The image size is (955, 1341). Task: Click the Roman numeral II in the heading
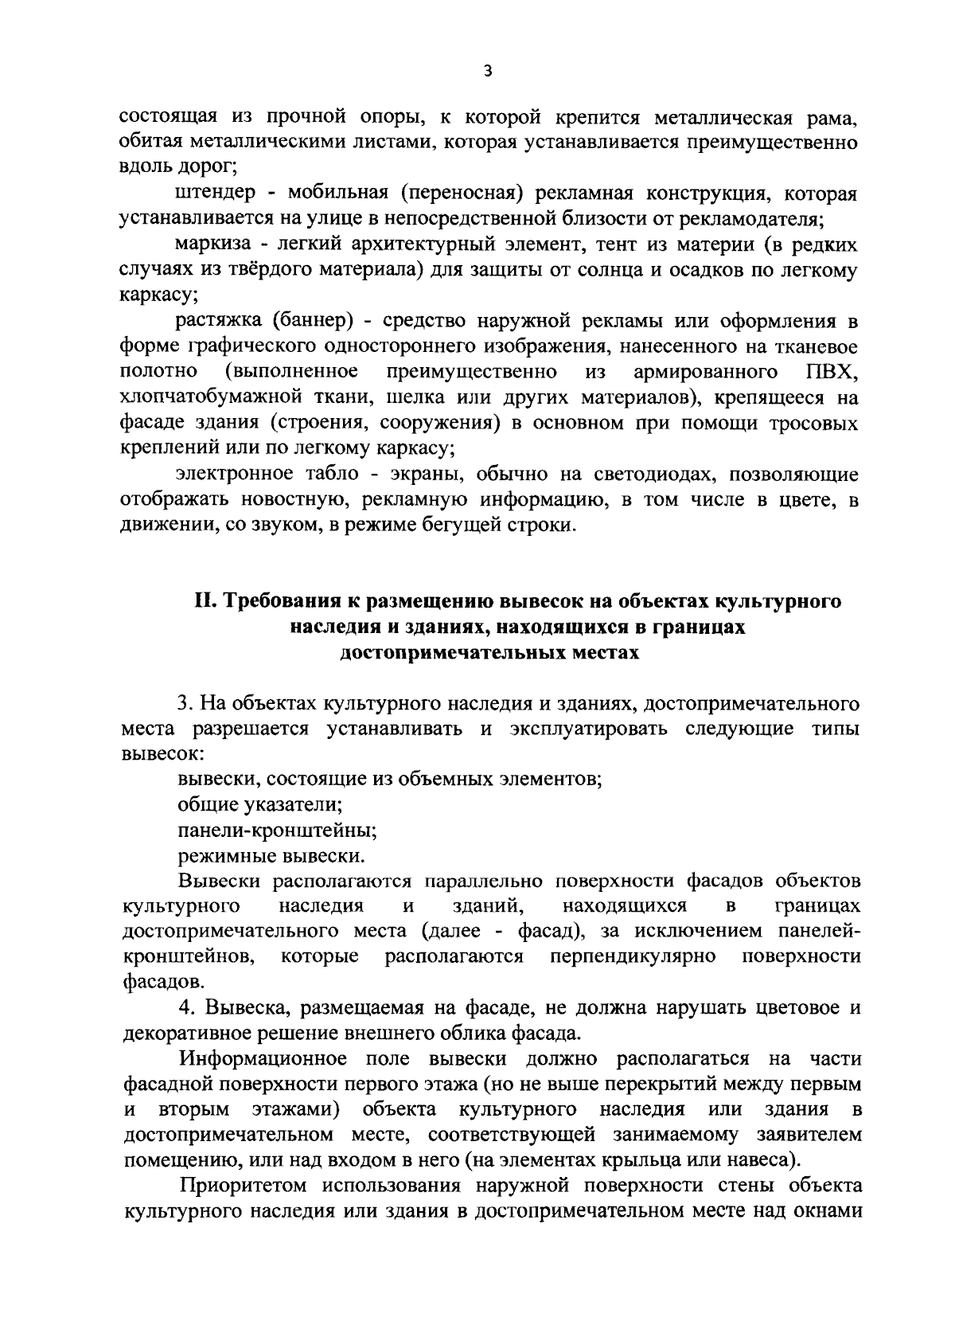(x=203, y=601)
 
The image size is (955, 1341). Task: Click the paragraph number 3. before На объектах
(x=185, y=704)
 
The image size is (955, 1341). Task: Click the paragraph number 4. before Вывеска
(x=185, y=1008)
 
